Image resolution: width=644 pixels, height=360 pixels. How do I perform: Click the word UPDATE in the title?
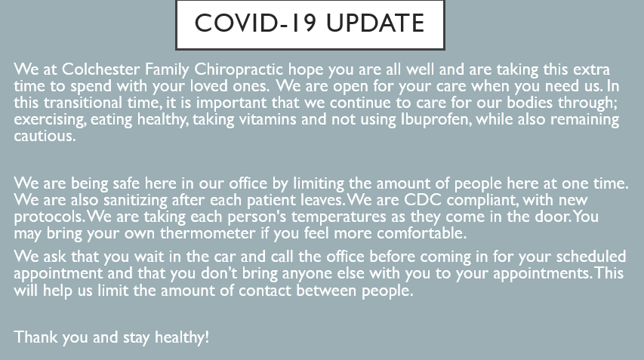(x=375, y=23)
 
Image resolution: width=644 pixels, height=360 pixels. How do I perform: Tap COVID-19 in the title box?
(x=255, y=23)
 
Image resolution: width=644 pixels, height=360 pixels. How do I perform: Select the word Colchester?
(x=100, y=69)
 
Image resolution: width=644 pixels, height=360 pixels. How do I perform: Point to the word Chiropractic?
(x=239, y=69)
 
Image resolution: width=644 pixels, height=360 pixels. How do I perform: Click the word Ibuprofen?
(x=436, y=120)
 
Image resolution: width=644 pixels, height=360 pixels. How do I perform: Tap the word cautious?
(x=45, y=137)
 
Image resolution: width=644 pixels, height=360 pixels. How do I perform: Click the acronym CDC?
(x=423, y=200)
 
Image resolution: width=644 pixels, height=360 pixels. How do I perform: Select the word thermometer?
(x=208, y=233)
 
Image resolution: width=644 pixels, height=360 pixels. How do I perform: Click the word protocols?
(x=50, y=217)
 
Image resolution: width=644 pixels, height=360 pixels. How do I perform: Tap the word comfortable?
(x=421, y=233)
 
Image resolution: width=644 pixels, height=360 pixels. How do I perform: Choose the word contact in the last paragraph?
(x=265, y=291)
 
